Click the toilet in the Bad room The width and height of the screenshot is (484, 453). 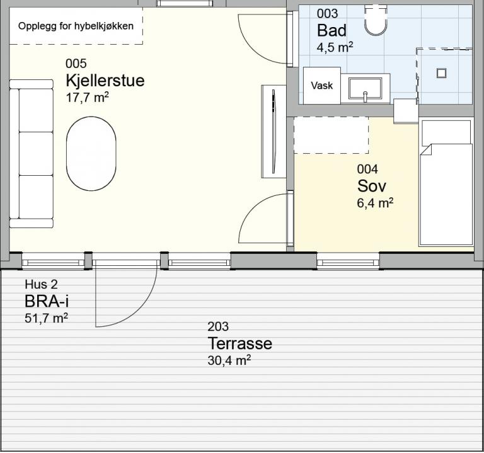pyautogui.click(x=376, y=20)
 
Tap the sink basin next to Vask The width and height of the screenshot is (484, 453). pyautogui.click(x=365, y=89)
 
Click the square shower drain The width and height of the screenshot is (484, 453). pyautogui.click(x=441, y=73)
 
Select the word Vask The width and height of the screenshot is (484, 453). pyautogui.click(x=322, y=86)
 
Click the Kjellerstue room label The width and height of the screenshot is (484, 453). pyautogui.click(x=105, y=81)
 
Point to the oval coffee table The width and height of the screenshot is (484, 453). pyautogui.click(x=91, y=153)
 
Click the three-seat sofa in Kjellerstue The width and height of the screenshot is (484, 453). pyautogui.click(x=31, y=154)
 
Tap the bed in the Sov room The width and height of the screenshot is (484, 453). pyautogui.click(x=446, y=183)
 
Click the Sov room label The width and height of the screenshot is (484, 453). pyautogui.click(x=371, y=186)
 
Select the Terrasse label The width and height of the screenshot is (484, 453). pyautogui.click(x=240, y=343)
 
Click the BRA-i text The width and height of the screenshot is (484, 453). pyautogui.click(x=46, y=301)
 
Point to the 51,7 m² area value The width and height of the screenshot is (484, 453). pyautogui.click(x=46, y=318)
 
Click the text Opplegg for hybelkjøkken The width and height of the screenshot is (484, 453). pyautogui.click(x=76, y=26)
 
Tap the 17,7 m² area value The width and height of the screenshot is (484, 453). pyautogui.click(x=88, y=98)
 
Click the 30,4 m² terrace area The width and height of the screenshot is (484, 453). pyautogui.click(x=229, y=360)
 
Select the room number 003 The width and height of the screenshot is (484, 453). pyautogui.click(x=327, y=14)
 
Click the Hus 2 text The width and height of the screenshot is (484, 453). pyautogui.click(x=41, y=285)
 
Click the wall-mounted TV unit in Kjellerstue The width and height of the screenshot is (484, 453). pyautogui.click(x=274, y=132)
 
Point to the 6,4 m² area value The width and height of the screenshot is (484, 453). pyautogui.click(x=375, y=203)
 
